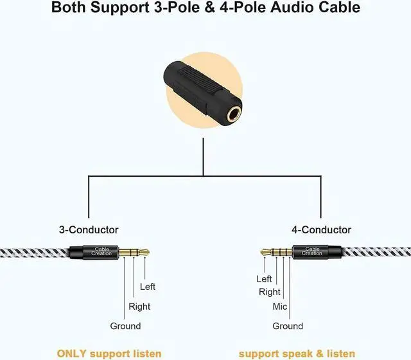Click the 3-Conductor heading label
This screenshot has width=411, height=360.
[89, 230]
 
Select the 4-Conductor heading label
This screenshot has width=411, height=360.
[321, 230]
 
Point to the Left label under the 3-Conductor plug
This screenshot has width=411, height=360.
[147, 287]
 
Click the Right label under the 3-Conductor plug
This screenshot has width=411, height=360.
[139, 307]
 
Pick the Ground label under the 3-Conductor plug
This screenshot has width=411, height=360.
[125, 326]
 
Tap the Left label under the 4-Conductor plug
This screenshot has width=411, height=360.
[264, 278]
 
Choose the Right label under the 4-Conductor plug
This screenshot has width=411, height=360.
[270, 292]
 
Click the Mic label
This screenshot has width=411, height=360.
[280, 307]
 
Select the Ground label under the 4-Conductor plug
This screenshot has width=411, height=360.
[287, 326]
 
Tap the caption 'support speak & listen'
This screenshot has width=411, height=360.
[297, 353]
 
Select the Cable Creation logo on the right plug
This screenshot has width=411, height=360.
[312, 251]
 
